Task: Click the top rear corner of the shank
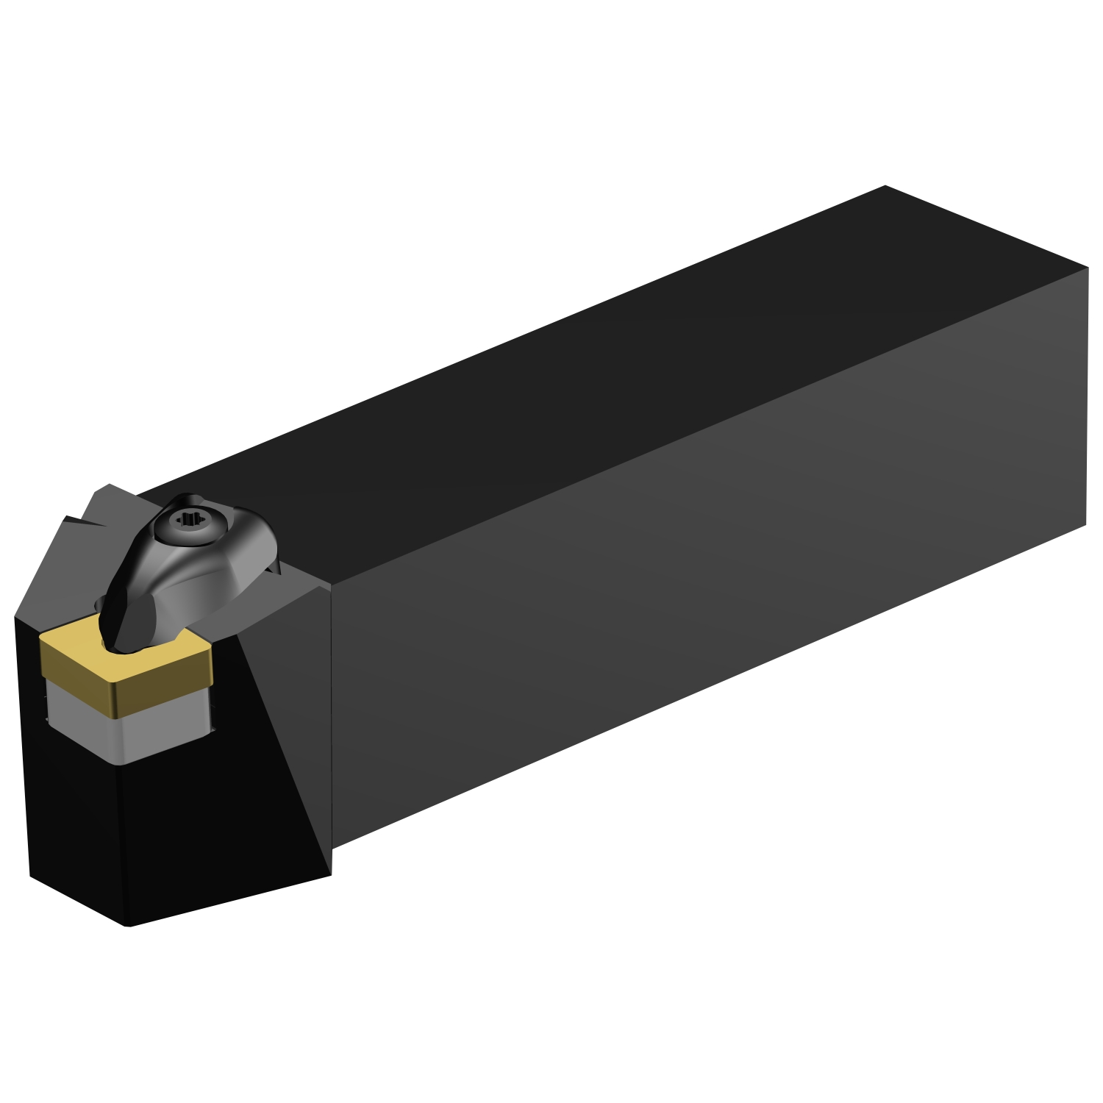click(885, 186)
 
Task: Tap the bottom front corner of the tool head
click(129, 925)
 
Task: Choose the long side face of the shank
click(699, 588)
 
